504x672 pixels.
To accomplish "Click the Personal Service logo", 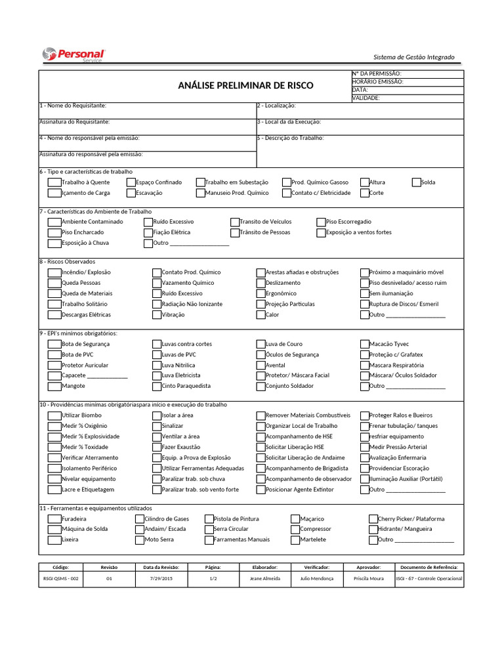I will pyautogui.click(x=73, y=55).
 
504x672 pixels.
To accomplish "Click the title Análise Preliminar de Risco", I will pyautogui.click(x=245, y=85).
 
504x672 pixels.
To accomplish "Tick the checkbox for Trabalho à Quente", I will pyautogui.click(x=54, y=182).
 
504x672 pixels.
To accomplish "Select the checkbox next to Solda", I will pyautogui.click(x=416, y=182).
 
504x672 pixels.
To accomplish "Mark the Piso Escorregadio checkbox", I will pyautogui.click(x=321, y=222).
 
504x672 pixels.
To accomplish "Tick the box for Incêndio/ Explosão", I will pyautogui.click(x=54, y=272).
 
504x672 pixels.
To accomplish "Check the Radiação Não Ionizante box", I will pyautogui.click(x=157, y=304).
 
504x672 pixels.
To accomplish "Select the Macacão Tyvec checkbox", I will pyautogui.click(x=364, y=344).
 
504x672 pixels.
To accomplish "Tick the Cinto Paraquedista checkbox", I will pyautogui.click(x=157, y=387).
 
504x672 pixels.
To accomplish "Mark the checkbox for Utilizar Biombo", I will pyautogui.click(x=54, y=415).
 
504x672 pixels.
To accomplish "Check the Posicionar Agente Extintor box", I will pyautogui.click(x=261, y=490).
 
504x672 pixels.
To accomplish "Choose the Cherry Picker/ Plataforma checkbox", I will pyautogui.click(x=373, y=518).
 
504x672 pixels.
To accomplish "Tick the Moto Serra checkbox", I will pyautogui.click(x=140, y=540).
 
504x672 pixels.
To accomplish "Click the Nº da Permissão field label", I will pyautogui.click(x=377, y=74).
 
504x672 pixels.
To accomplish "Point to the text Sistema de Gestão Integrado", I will pyautogui.click(x=413, y=57).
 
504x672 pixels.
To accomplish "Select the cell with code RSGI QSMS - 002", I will pyautogui.click(x=60, y=579).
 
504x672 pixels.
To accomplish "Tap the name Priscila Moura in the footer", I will pyautogui.click(x=369, y=579).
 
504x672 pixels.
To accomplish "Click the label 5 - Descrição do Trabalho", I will pyautogui.click(x=290, y=138).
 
